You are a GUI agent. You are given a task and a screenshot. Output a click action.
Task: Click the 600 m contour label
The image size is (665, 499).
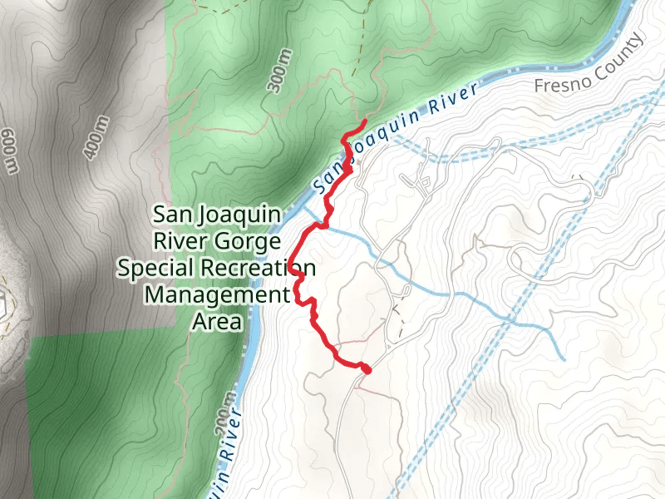coord(9,152)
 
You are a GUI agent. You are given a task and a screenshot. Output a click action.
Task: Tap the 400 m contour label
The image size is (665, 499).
coord(96,137)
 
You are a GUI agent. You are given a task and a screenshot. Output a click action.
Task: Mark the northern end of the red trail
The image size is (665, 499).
coord(365,123)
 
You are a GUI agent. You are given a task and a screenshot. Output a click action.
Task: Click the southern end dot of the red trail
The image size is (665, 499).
coord(365,368)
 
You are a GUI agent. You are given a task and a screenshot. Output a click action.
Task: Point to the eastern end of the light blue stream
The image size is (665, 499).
coord(564,359)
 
